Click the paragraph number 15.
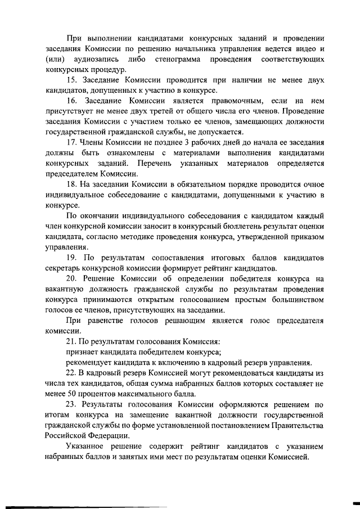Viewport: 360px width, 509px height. tap(71, 80)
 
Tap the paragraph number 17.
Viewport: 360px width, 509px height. tap(71, 140)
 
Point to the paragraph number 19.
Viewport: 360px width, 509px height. tap(72, 257)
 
